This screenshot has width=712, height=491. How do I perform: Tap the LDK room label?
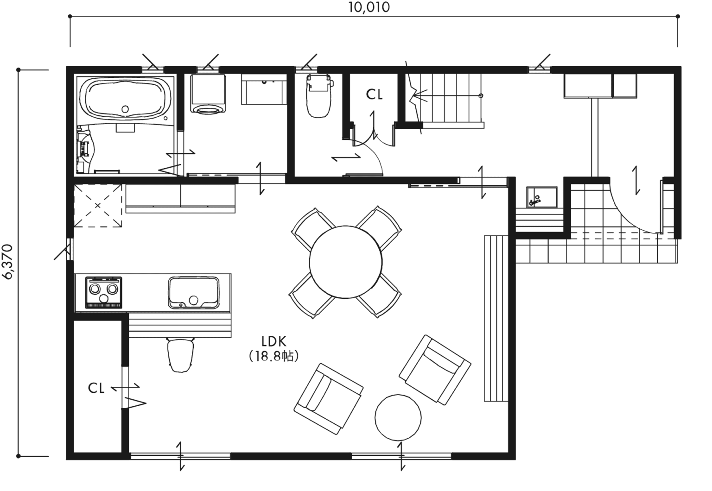(274, 342)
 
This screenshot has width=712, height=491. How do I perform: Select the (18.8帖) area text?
(274, 356)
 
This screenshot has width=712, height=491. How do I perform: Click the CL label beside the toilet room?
(375, 95)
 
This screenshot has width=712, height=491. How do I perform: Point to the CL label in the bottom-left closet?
(96, 388)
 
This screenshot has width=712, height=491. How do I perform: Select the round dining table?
(346, 263)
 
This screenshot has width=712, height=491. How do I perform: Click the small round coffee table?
(398, 417)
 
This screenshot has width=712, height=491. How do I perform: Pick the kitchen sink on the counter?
(193, 292)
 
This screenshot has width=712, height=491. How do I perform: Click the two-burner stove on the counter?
(104, 292)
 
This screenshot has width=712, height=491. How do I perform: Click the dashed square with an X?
(97, 205)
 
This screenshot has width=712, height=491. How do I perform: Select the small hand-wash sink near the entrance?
(541, 197)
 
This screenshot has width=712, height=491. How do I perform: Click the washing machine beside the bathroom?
(208, 94)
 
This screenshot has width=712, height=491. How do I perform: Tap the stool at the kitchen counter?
(181, 354)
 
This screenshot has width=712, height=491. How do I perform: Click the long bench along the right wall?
(494, 318)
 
